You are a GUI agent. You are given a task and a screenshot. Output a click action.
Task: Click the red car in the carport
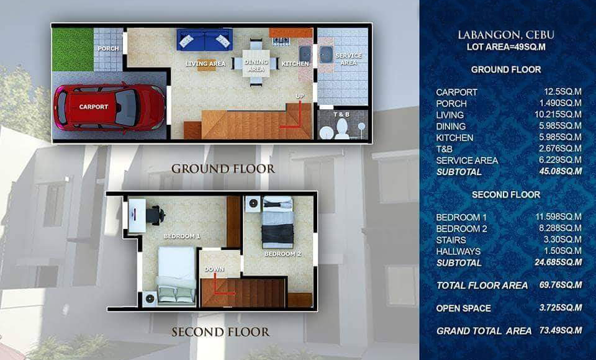[x=109, y=107]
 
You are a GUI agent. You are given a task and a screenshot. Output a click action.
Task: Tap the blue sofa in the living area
[x=204, y=40]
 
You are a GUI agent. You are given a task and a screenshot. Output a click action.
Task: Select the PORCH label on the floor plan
[x=108, y=48]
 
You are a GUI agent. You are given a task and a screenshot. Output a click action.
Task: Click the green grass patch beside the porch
[x=73, y=50]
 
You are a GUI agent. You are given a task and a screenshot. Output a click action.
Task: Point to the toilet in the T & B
[x=341, y=129]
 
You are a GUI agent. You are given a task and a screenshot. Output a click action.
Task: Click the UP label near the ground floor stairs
[x=300, y=96]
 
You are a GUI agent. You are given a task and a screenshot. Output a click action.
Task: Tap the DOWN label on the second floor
[x=214, y=269]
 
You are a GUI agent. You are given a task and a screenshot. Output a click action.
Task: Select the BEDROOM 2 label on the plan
[x=283, y=254]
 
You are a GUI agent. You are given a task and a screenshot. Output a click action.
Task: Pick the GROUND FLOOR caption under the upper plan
[x=223, y=169]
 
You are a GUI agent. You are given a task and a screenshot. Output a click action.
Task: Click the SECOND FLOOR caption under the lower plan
[x=220, y=332]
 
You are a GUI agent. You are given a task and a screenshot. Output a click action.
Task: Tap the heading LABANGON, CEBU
[x=506, y=35]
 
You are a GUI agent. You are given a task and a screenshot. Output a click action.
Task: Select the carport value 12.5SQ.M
[x=562, y=92]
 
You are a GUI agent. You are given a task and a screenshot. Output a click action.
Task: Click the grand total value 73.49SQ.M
[x=560, y=330]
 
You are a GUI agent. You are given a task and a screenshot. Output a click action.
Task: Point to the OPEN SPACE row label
[x=463, y=308]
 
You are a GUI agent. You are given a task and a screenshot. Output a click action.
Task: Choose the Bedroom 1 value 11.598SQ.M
[x=558, y=217]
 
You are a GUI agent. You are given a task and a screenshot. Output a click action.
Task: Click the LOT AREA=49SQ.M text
[x=506, y=47]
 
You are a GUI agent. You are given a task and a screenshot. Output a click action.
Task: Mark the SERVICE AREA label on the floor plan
[x=348, y=59]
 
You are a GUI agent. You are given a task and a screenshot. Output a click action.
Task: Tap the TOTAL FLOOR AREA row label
[x=482, y=286]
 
